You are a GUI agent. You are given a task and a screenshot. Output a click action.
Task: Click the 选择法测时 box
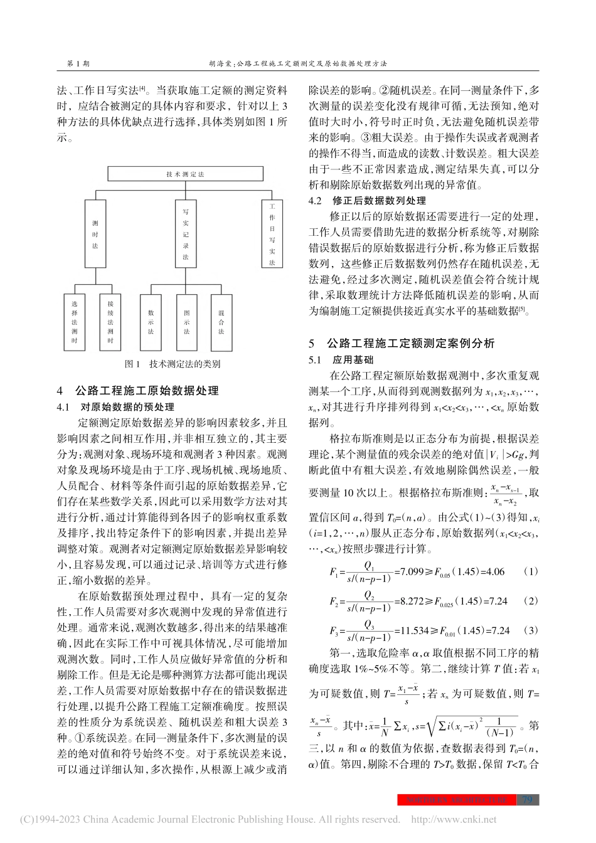coord(74,322)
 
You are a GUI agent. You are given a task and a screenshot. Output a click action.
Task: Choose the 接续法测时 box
coord(110,322)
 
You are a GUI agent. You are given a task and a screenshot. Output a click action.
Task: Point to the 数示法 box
coord(151,322)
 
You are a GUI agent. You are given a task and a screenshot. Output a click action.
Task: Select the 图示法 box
coord(186,322)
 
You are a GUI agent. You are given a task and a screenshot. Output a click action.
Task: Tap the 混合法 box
coord(221,322)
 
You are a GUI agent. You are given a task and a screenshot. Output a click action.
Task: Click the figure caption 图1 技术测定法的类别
coord(173,364)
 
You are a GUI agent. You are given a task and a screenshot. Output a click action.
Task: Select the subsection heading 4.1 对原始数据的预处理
coord(115,407)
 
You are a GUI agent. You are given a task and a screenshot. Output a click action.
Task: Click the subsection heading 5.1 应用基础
coord(341,360)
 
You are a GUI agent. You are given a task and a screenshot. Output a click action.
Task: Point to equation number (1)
coord(531,571)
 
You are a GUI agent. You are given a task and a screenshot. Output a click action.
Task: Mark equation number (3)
coord(531,630)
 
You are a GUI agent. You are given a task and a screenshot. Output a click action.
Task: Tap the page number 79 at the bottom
coord(527,800)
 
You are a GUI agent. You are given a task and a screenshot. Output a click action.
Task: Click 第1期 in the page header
coord(77,63)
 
